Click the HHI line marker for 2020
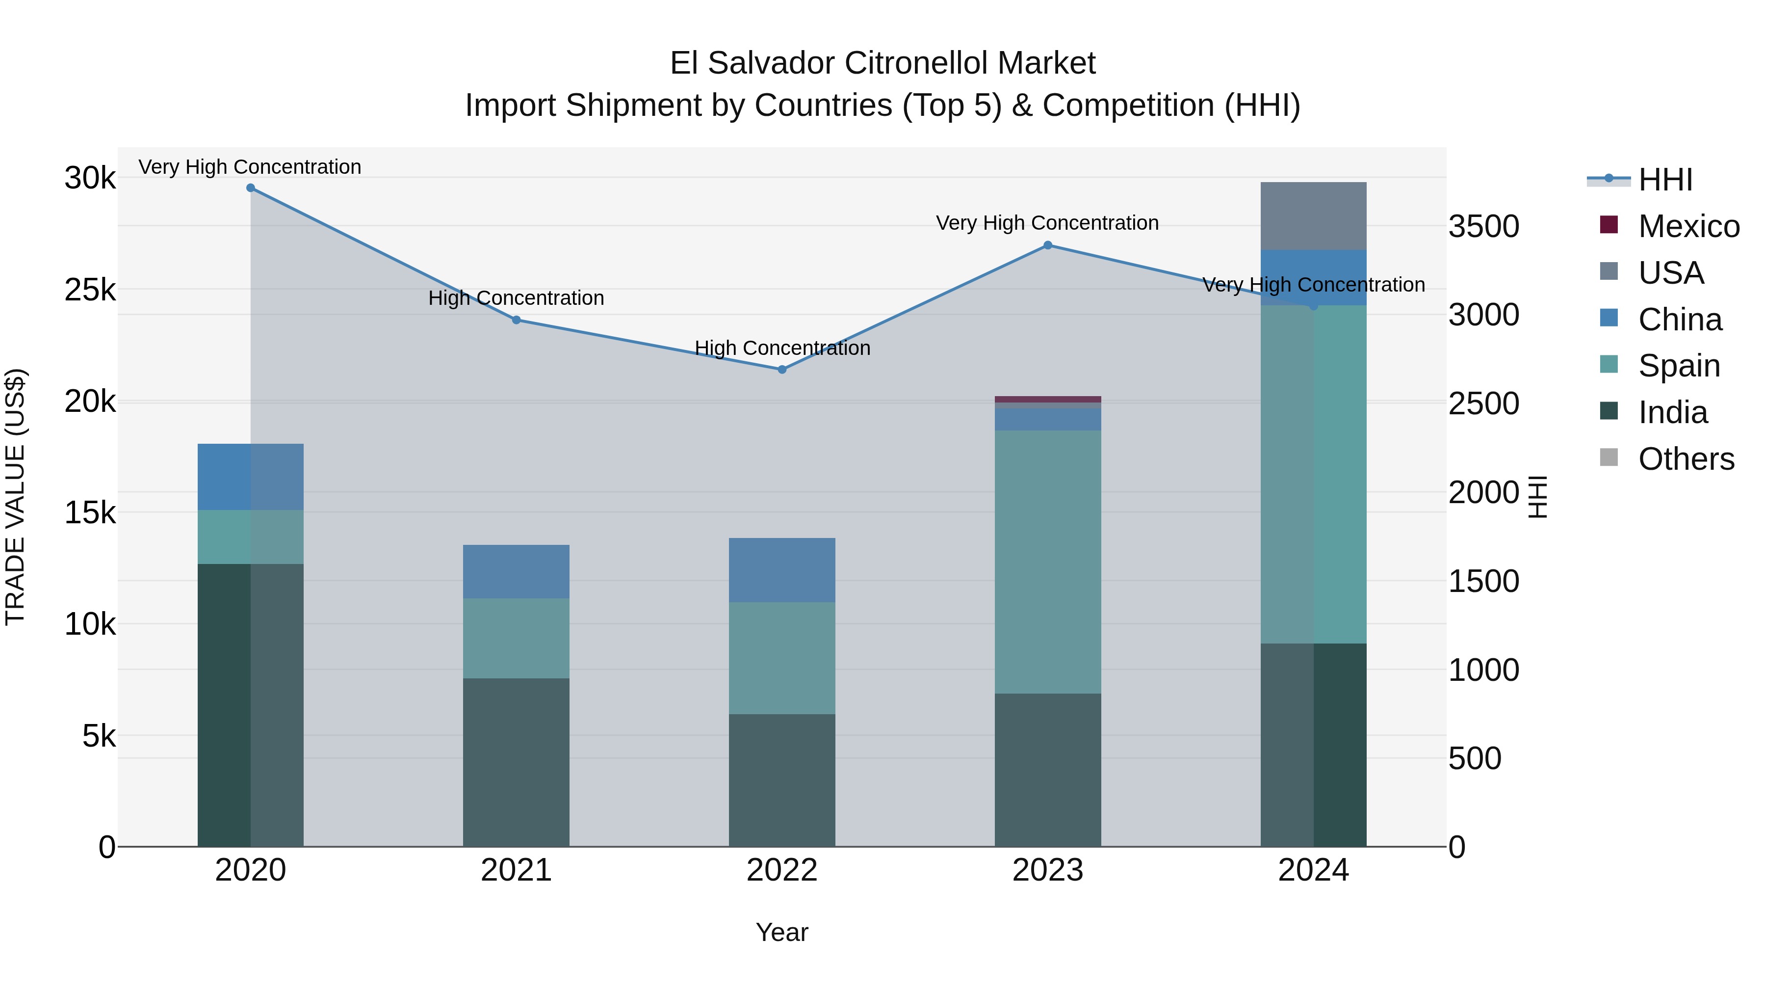250,188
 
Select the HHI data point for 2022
782,370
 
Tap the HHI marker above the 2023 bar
1047,245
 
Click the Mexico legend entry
1688,226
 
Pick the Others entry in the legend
1685,459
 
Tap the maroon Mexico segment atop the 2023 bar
1047,399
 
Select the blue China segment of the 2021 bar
516,571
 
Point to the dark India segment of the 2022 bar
782,780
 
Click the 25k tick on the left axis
90,290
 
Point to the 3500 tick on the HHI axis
1483,226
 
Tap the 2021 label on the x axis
516,870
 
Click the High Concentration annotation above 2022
782,349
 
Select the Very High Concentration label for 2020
250,167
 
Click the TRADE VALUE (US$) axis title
16,497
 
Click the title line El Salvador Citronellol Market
883,63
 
